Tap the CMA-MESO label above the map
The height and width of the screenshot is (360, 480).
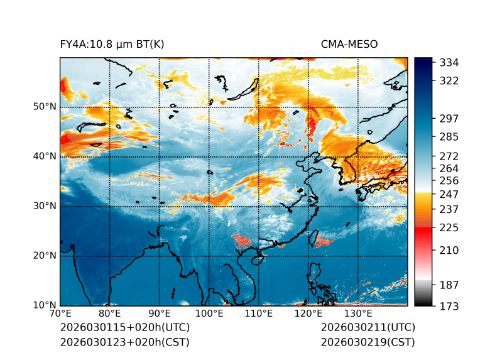point(349,44)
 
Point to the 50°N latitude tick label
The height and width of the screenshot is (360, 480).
point(45,107)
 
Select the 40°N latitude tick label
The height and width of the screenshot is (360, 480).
point(45,156)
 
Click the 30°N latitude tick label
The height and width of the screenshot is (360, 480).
point(45,206)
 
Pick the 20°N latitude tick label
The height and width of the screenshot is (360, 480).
point(45,256)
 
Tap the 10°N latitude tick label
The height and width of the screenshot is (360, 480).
point(45,305)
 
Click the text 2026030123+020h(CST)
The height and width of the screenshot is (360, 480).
point(124,342)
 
